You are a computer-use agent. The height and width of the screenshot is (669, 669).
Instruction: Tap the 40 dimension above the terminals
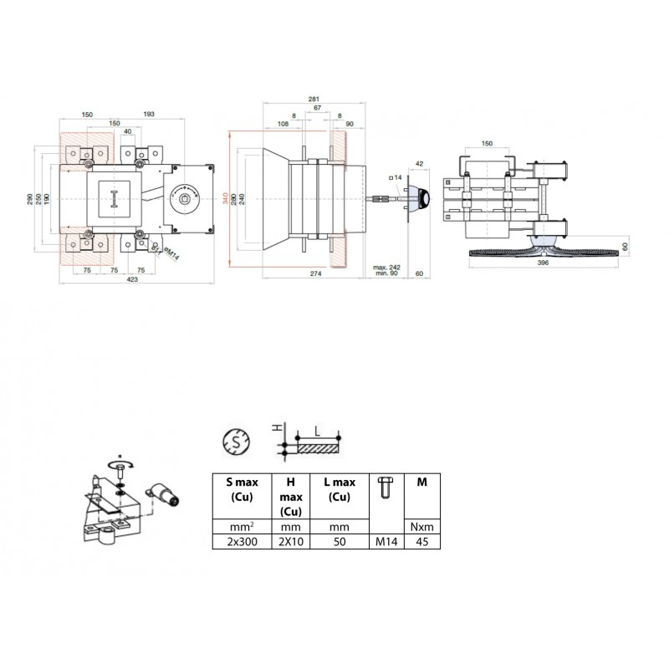pyautogui.click(x=127, y=131)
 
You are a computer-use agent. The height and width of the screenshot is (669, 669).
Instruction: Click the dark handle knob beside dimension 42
pyautogui.click(x=423, y=198)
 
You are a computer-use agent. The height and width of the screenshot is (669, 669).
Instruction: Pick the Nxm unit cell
pyautogui.click(x=421, y=528)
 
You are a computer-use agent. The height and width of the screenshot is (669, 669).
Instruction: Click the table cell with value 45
pyautogui.click(x=421, y=541)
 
